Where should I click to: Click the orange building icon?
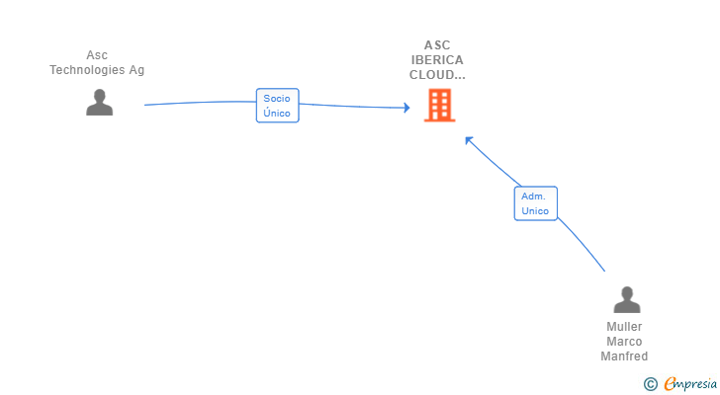439,105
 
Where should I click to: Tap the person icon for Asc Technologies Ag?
99,103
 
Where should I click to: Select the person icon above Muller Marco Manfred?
626,299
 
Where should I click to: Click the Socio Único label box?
277,106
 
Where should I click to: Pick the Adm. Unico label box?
535,203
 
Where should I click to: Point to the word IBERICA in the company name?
437,59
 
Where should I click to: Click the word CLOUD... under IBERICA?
437,74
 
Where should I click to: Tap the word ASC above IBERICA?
437,44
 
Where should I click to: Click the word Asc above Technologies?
97,55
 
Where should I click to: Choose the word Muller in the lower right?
624,327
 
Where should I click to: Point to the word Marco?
624,342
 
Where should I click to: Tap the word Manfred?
624,356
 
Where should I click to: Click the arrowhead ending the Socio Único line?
405,107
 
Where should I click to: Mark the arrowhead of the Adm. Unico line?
469,140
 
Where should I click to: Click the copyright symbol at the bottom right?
650,383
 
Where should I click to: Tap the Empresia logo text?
690,383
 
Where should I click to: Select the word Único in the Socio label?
277,114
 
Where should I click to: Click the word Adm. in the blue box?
535,197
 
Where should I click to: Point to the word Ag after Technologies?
136,70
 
